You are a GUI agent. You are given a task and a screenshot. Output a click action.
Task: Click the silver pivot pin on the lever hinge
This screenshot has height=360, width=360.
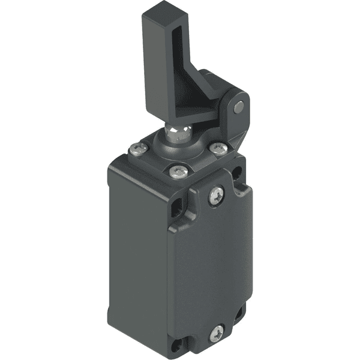(x=239, y=107)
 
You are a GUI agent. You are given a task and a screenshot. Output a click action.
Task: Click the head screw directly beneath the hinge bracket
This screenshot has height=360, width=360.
(x=220, y=149)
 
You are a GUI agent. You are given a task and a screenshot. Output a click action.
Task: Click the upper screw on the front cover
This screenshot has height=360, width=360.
(x=216, y=195)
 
